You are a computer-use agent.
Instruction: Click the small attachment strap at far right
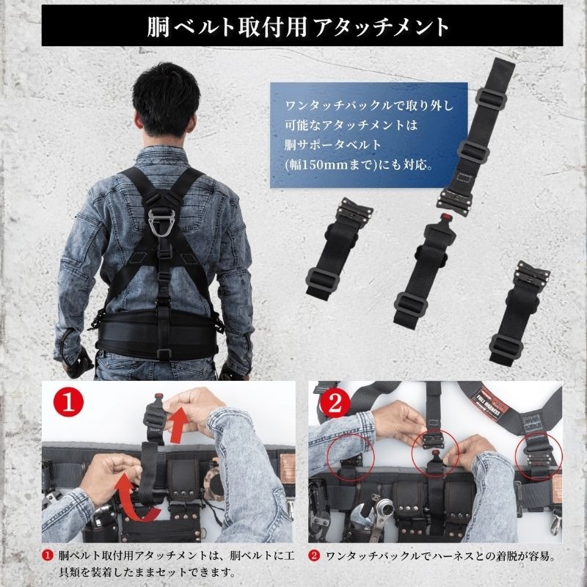(521, 308)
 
